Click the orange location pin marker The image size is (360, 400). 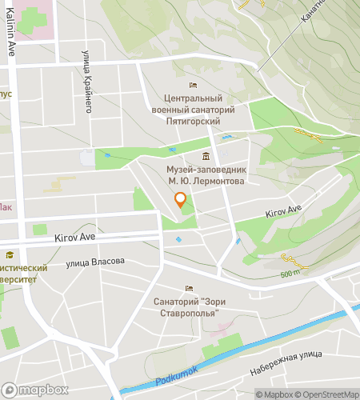tap(180, 201)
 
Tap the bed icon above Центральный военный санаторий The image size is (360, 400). tap(191, 85)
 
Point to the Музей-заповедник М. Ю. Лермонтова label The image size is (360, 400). tap(206, 176)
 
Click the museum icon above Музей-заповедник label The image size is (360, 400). tap(206, 156)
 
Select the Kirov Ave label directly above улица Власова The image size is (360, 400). tap(74, 238)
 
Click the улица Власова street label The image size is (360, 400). tap(95, 262)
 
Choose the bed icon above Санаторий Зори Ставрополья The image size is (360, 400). tap(190, 289)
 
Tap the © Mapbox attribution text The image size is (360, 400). tap(274, 394)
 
